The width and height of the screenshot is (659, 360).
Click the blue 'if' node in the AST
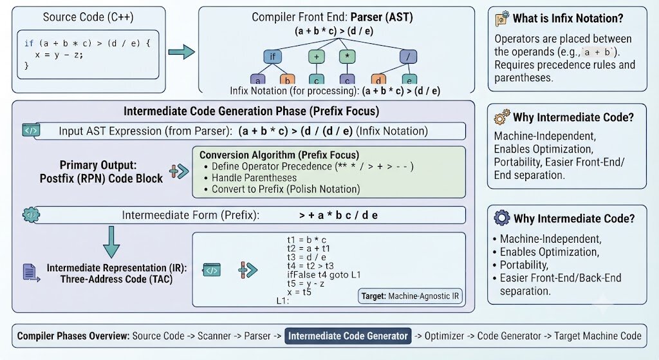click(x=272, y=57)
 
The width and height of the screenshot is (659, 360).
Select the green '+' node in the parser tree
click(x=317, y=57)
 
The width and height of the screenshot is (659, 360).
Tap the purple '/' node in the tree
click(x=408, y=57)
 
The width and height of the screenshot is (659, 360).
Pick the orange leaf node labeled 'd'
click(x=378, y=79)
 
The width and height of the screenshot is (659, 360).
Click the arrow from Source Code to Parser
click(x=181, y=52)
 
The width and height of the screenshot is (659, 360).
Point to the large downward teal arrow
click(x=111, y=242)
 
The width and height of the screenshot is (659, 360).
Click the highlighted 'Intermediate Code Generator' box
click(x=348, y=336)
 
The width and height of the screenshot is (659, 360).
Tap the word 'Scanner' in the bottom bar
click(x=214, y=336)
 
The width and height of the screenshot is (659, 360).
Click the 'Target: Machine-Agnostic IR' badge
click(x=410, y=296)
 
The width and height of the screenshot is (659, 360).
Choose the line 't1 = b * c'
click(x=307, y=240)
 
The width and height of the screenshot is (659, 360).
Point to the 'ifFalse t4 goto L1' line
click(x=324, y=275)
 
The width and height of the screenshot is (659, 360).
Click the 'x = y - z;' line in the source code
click(x=59, y=55)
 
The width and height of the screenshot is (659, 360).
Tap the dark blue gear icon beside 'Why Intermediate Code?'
click(x=502, y=218)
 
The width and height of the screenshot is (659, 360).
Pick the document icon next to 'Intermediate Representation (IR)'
click(x=31, y=273)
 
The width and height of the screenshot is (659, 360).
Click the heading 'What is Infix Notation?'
click(x=568, y=19)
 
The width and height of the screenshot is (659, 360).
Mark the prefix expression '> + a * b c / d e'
click(x=339, y=215)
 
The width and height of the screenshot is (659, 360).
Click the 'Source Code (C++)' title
click(x=88, y=17)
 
